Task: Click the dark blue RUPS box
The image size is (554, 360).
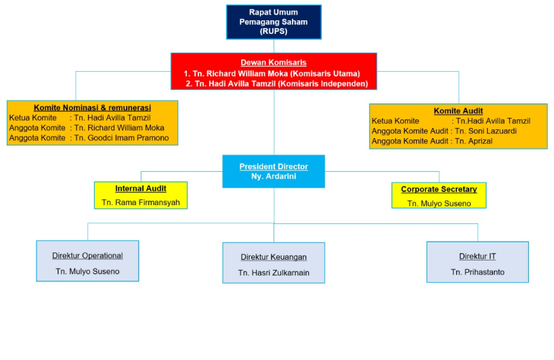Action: pyautogui.click(x=274, y=22)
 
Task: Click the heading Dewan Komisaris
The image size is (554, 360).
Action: pyautogui.click(x=274, y=62)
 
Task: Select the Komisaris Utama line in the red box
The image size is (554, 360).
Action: pyautogui.click(x=272, y=73)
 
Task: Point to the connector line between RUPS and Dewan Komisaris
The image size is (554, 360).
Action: pyautogui.click(x=274, y=46)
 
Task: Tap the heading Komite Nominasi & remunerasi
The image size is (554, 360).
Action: pyautogui.click(x=92, y=108)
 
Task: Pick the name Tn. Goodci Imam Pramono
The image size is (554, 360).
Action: pyautogui.click(x=121, y=138)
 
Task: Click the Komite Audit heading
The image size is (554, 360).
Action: pyautogui.click(x=459, y=111)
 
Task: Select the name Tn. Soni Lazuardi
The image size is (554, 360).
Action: pyautogui.click(x=486, y=131)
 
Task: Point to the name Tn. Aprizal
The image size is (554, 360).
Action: pyautogui.click(x=474, y=141)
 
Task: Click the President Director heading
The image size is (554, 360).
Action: pyautogui.click(x=274, y=166)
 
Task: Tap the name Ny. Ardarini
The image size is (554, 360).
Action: pyautogui.click(x=274, y=176)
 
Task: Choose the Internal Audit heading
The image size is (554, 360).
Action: pyautogui.click(x=141, y=189)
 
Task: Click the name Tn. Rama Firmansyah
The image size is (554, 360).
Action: pyautogui.click(x=141, y=202)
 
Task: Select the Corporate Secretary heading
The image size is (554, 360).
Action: pyautogui.click(x=439, y=189)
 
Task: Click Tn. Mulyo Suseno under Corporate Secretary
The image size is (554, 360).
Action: pyautogui.click(x=439, y=204)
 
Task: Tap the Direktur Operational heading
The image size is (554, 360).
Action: pyautogui.click(x=87, y=256)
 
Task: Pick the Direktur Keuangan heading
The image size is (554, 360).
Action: pyautogui.click(x=274, y=257)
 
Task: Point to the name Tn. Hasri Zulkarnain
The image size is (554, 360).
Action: pyautogui.click(x=274, y=273)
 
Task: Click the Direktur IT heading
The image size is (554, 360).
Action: pyautogui.click(x=477, y=256)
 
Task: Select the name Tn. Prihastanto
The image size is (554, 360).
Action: pyautogui.click(x=477, y=272)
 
